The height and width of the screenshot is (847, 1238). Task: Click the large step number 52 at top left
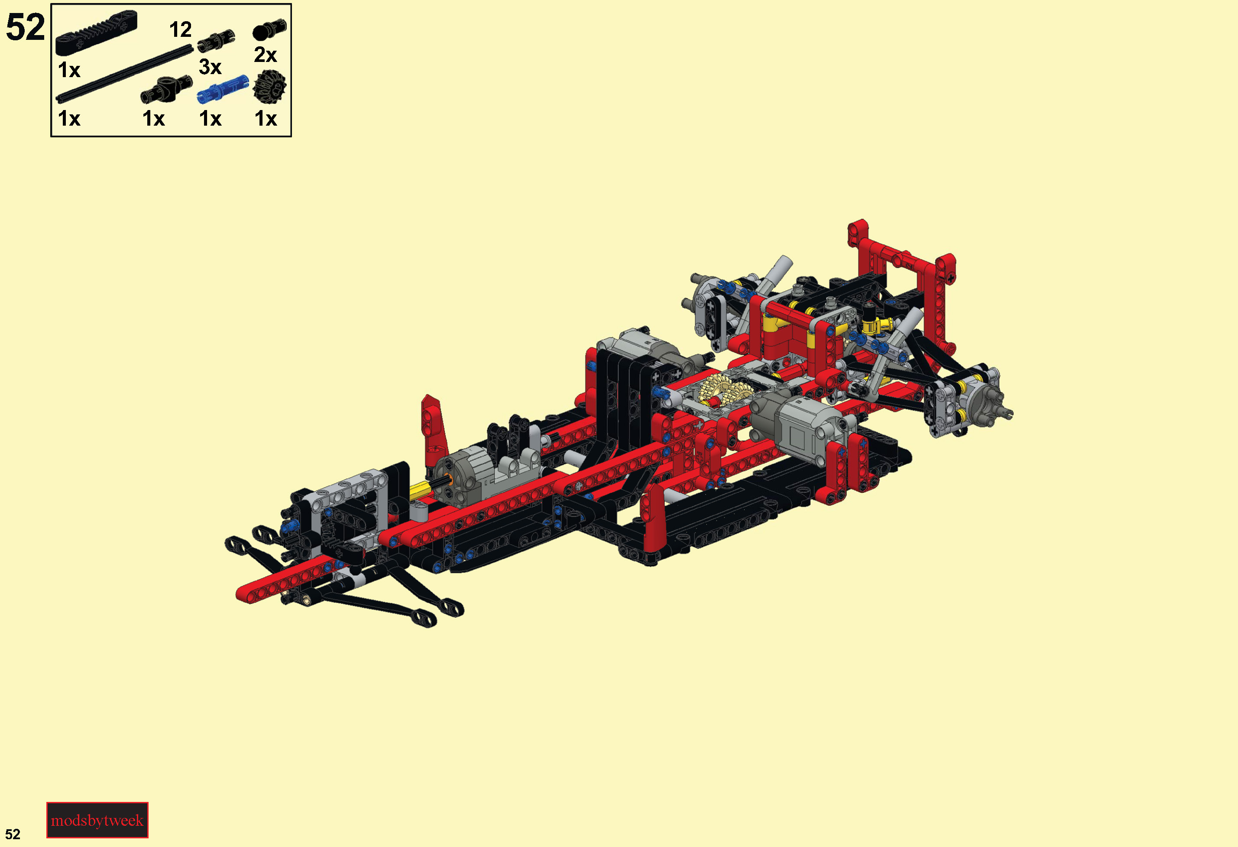25,27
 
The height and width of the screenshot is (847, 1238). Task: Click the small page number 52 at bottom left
13,834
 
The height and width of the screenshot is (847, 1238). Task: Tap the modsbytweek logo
97,820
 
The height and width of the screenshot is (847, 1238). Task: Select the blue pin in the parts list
223,89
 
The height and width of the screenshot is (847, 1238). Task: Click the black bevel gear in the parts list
269,88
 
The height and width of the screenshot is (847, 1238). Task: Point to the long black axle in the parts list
125,74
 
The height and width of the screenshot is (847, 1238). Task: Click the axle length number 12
181,30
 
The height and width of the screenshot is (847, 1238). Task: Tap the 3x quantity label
210,67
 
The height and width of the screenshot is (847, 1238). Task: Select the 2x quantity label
265,55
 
